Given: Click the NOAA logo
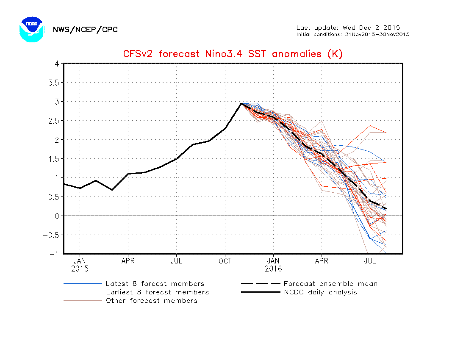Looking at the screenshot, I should click(31, 29).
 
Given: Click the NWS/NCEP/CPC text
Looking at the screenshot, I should click(85, 30).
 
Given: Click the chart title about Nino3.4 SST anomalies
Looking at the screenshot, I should click(233, 54).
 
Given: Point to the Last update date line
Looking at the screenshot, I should click(348, 28).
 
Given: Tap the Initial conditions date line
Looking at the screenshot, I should click(352, 34).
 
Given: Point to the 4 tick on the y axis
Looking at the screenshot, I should click(56, 64).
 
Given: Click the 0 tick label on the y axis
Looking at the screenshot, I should click(56, 216).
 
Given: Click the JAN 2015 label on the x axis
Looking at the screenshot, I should click(80, 265).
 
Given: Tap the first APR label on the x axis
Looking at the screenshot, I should click(128, 261).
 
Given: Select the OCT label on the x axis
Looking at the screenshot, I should click(225, 261).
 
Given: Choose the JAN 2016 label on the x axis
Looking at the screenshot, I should click(273, 265).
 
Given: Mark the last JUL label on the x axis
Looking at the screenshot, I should click(370, 261).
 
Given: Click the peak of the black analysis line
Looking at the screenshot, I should click(241, 103).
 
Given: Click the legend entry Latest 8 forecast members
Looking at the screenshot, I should click(155, 284).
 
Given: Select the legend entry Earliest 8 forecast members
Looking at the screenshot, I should click(157, 292).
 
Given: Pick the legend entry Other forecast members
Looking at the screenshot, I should click(151, 301).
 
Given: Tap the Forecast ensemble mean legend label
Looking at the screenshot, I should click(330, 284).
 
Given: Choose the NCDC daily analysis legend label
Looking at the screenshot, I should click(320, 292).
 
